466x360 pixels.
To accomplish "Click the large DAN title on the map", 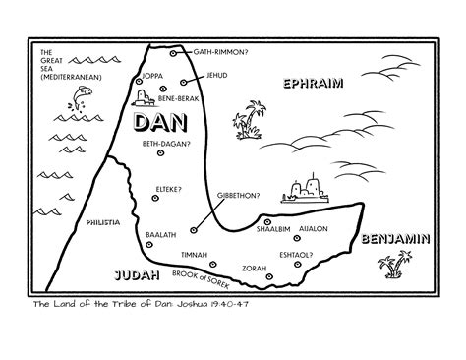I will (160, 123).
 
